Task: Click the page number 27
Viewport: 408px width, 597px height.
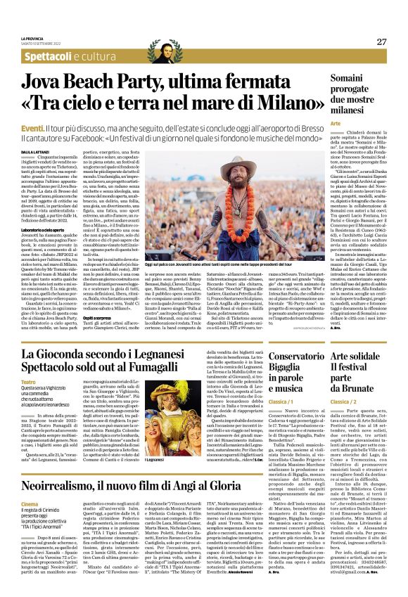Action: point(382,41)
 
